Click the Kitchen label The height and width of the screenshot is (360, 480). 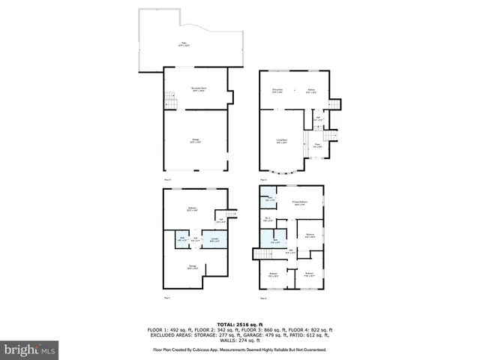pyautogui.click(x=310, y=91)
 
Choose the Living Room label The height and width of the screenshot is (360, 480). pyautogui.click(x=280, y=139)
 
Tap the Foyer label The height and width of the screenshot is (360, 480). pyautogui.click(x=317, y=145)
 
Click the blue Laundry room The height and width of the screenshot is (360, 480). pyautogui.click(x=214, y=239)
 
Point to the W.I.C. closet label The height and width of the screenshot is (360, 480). pyautogui.click(x=268, y=219)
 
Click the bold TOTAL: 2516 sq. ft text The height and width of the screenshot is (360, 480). pyautogui.click(x=240, y=323)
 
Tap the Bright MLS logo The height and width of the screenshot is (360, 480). pyautogui.click(x=30, y=349)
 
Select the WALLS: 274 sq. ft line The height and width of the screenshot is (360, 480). pyautogui.click(x=240, y=341)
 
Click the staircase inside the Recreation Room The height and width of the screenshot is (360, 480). pyautogui.click(x=170, y=98)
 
